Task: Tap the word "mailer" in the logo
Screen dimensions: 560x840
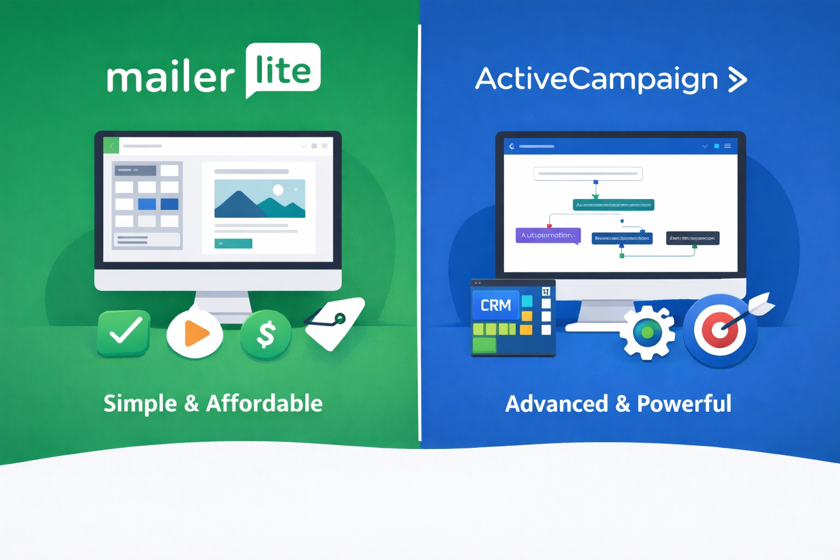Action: (x=171, y=77)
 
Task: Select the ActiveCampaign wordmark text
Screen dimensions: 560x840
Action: (x=596, y=79)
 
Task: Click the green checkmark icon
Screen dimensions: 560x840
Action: (x=124, y=333)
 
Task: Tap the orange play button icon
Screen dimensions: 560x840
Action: (x=195, y=334)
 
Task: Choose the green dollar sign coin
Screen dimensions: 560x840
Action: (x=266, y=334)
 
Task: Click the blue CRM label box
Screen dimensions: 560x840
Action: (x=495, y=305)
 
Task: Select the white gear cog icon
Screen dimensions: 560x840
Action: (x=647, y=332)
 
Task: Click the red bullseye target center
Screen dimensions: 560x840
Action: (x=719, y=330)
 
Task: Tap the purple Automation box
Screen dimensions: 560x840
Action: (x=547, y=235)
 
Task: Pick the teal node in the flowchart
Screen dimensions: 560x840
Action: (x=613, y=205)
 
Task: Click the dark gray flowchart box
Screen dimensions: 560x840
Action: (x=692, y=238)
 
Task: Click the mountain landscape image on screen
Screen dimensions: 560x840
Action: (x=259, y=199)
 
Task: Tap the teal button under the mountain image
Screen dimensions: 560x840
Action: (x=233, y=243)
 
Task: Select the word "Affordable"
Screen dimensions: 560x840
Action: (x=264, y=404)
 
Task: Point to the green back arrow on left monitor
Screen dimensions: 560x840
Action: (x=111, y=146)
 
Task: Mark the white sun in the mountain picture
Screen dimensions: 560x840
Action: (x=278, y=190)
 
